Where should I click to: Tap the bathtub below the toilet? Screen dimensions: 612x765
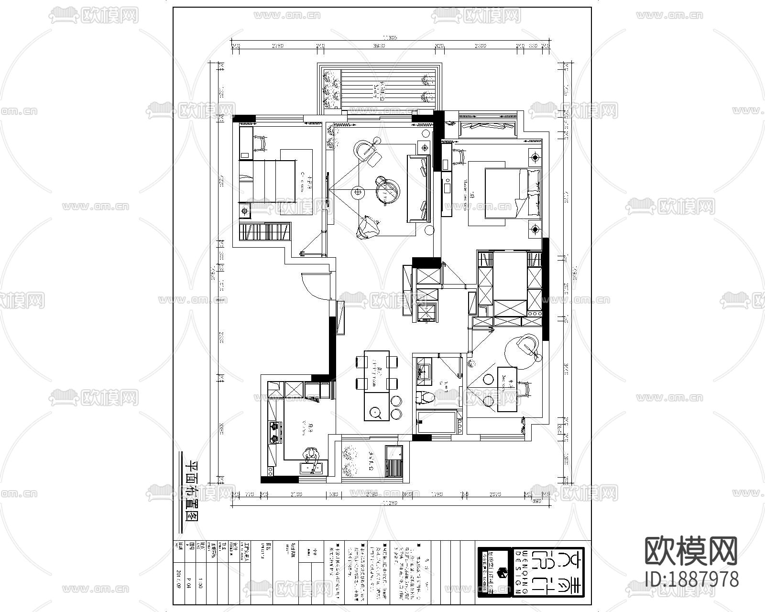point(437,422)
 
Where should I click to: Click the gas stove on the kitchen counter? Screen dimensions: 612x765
point(275,433)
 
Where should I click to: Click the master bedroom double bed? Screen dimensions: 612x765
point(512,193)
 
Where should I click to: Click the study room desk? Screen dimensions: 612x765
point(507,389)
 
